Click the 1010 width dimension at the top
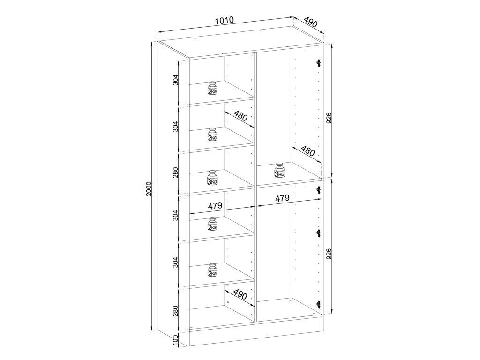225,21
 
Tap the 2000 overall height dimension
149,189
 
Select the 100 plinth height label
175,340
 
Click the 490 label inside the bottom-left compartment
240,294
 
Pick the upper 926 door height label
329,118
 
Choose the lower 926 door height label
329,254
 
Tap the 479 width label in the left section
215,206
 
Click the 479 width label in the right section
282,198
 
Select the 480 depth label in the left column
240,116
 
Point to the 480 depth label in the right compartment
307,150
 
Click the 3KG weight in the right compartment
279,170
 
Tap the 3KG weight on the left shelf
212,178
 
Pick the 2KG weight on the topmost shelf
212,88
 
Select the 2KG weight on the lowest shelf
212,270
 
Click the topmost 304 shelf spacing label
175,80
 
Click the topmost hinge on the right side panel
319,63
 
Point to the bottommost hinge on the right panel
319,304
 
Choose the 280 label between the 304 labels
175,172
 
